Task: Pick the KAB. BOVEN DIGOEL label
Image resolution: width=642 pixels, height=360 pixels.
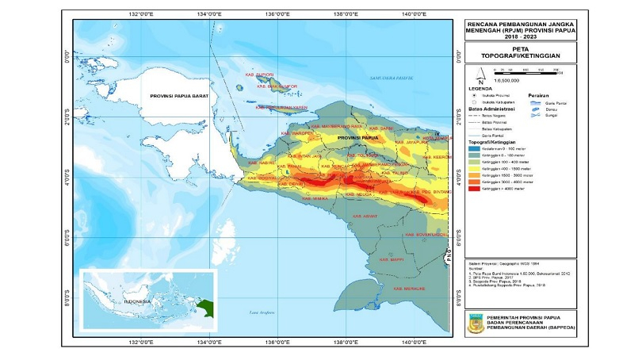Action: pyautogui.click(x=426, y=235)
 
